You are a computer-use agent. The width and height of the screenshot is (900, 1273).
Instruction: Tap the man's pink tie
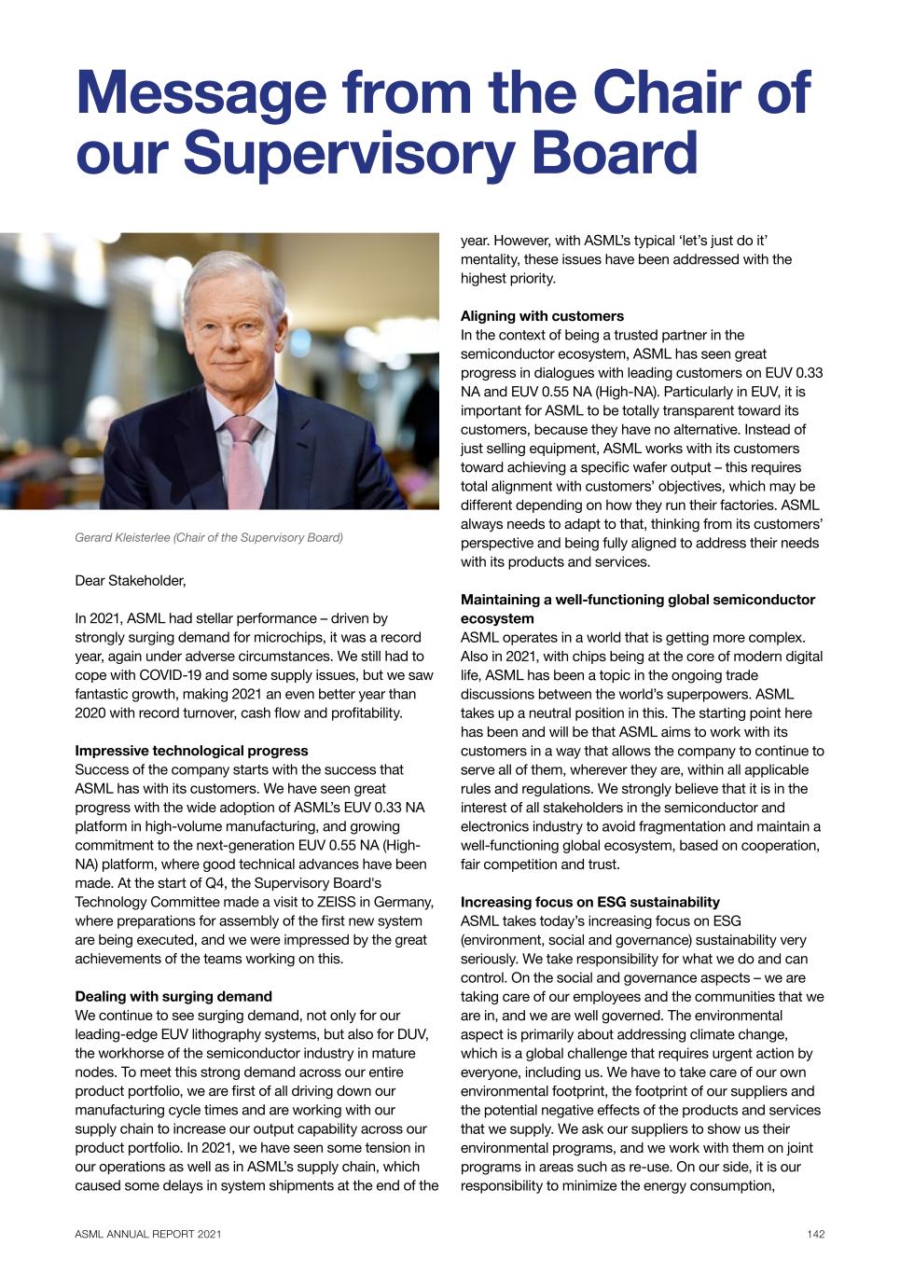[x=246, y=462]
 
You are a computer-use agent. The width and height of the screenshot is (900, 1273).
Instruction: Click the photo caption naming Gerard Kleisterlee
[x=209, y=537]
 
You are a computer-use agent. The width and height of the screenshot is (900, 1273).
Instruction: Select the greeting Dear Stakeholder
[x=131, y=581]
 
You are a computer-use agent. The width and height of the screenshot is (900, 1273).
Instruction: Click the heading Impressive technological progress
[x=191, y=751]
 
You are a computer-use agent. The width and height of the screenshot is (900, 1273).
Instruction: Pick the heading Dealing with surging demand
[x=173, y=996]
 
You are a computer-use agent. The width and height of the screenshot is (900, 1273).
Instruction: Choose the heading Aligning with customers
[x=542, y=316]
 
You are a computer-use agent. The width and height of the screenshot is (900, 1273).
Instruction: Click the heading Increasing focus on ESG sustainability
[x=590, y=902]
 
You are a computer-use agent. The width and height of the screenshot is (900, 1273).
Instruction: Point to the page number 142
[x=816, y=1235]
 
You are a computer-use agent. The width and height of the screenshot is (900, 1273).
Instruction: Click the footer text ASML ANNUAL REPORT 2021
[x=148, y=1235]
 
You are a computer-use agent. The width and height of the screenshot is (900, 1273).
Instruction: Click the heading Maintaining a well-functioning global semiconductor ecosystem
[x=638, y=608]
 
